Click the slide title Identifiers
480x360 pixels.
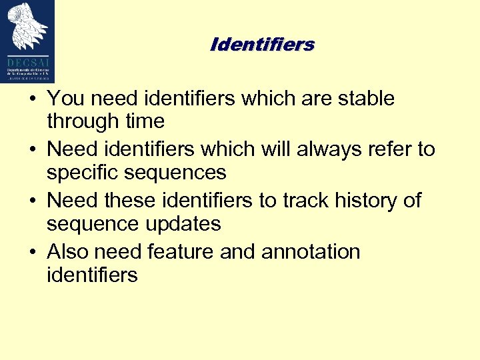point(262,45)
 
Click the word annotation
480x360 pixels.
point(311,251)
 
